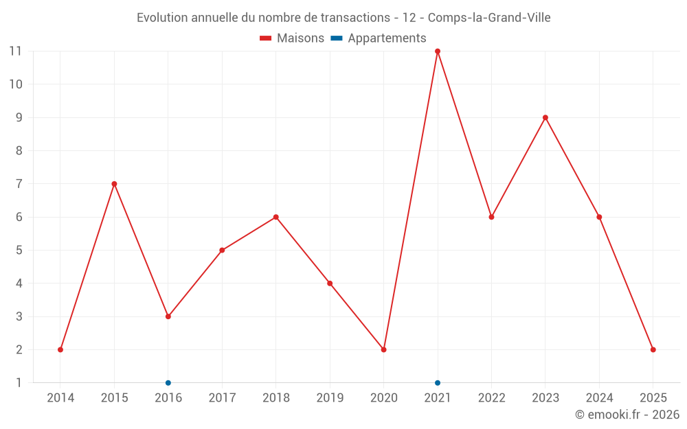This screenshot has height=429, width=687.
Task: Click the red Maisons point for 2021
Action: [x=438, y=51]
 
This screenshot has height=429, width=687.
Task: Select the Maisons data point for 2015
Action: [x=114, y=184]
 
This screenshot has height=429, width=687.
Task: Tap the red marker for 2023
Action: [x=545, y=117]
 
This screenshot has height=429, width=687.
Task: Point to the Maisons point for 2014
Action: [x=60, y=349]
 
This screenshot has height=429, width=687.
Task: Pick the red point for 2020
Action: [x=384, y=349]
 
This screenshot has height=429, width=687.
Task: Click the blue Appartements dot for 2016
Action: [x=168, y=382]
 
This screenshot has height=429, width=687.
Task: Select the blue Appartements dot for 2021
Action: [x=438, y=382]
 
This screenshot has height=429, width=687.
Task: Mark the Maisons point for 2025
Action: [x=653, y=349]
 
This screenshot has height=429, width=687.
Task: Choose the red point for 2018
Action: [x=276, y=217]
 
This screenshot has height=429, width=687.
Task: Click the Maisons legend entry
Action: [x=292, y=38]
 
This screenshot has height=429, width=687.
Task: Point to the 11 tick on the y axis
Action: [x=15, y=51]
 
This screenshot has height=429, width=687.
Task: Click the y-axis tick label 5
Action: [x=19, y=251]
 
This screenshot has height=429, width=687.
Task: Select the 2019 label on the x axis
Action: [x=330, y=398]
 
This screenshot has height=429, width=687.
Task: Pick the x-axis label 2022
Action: [x=492, y=398]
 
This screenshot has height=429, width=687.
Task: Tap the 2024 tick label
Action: [x=599, y=398]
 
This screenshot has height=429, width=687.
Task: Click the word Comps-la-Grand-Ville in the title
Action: [x=489, y=18]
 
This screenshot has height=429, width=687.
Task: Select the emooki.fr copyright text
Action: [x=627, y=415]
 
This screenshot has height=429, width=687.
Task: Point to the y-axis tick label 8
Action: [x=19, y=151]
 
